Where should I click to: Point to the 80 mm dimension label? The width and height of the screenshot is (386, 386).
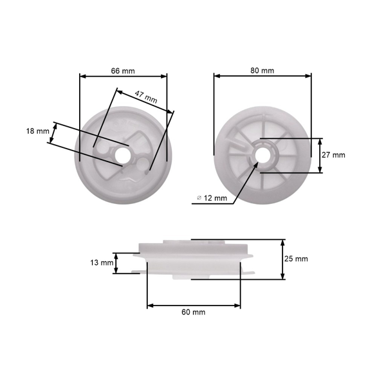tap(262, 69)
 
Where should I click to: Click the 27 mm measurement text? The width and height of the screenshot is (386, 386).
tap(333, 155)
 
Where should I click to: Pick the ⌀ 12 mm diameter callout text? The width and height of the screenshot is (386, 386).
tap(211, 198)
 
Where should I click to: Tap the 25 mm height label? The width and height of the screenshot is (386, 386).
tap(296, 259)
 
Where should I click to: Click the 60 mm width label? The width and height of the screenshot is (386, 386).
tap(194, 312)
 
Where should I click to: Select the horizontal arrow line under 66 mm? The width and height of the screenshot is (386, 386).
tap(123, 76)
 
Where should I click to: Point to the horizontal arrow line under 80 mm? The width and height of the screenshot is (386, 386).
tap(262, 76)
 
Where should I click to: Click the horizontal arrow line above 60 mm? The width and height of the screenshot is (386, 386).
tap(194, 305)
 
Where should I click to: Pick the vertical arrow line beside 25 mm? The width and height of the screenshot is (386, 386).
tap(282, 259)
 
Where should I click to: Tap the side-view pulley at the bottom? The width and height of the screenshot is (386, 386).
tap(193, 259)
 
